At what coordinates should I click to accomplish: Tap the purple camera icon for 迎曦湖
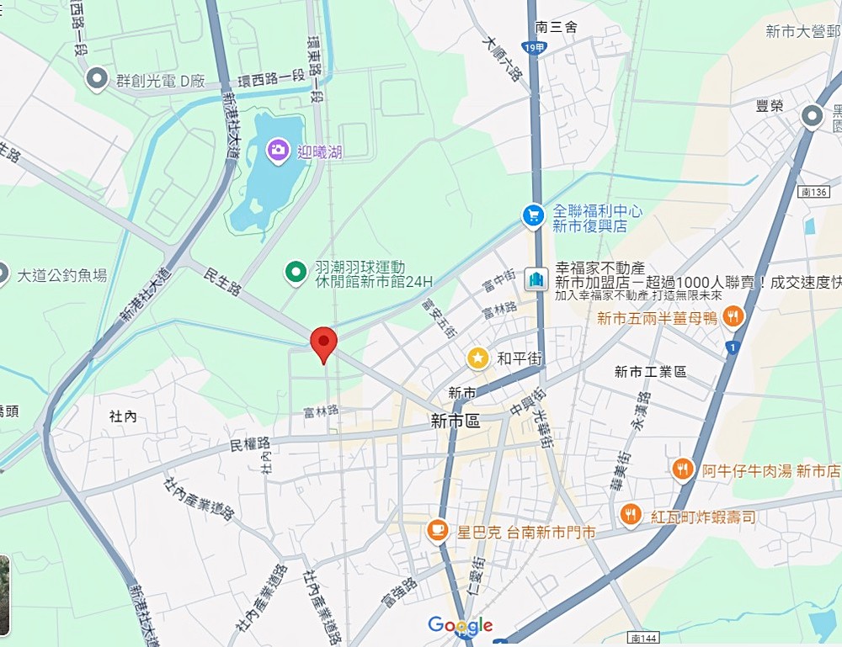coord(276,151)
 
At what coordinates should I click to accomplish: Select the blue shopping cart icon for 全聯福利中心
coord(532,216)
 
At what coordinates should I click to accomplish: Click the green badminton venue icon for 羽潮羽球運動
coord(295,272)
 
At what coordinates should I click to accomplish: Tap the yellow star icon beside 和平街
coord(478,358)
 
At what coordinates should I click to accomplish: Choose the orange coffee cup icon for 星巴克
coord(436,530)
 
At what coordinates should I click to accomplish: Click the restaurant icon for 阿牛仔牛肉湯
coord(683,469)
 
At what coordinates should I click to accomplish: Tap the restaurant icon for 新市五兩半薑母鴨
coord(734,316)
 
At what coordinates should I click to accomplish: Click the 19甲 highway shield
coord(534,48)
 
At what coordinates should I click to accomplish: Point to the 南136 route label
coord(809,193)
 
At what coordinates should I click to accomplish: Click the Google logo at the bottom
coord(460,625)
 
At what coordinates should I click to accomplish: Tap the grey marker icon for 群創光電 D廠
coord(97,80)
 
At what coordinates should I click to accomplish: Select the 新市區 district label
coord(455,421)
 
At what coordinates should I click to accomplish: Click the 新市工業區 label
coord(650,371)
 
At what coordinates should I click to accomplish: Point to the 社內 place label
coord(123,416)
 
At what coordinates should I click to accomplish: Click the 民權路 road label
coord(250,443)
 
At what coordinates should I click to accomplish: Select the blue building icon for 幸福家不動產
coord(535,279)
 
